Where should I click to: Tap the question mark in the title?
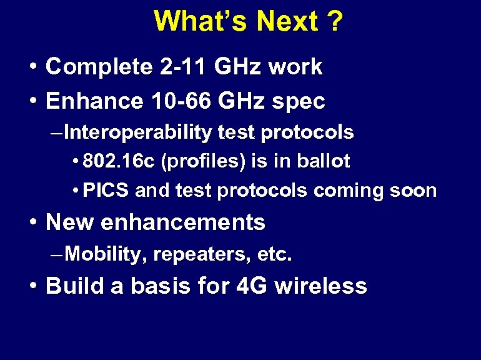pyautogui.click(x=334, y=21)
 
